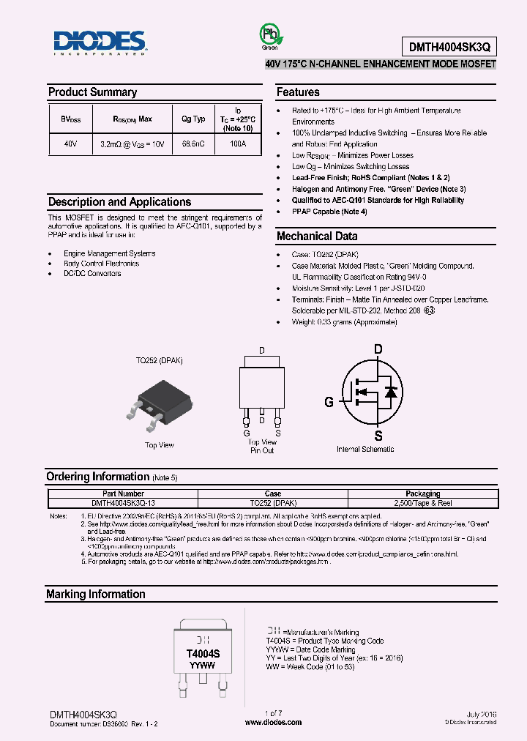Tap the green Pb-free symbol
pyautogui.click(x=269, y=37)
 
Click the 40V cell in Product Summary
pyautogui.click(x=70, y=144)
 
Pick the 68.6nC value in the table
pyautogui.click(x=193, y=144)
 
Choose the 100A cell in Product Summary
pyautogui.click(x=238, y=144)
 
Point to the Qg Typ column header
pyautogui.click(x=193, y=119)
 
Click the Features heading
pyautogui.click(x=298, y=92)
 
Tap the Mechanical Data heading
pyautogui.click(x=317, y=237)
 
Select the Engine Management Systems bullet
pyautogui.click(x=109, y=253)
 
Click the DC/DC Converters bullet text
pyautogui.click(x=92, y=273)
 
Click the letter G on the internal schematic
pyautogui.click(x=329, y=401)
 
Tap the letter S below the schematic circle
pyautogui.click(x=378, y=436)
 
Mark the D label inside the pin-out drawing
pyautogui.click(x=262, y=351)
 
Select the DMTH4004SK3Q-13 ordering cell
pyautogui.click(x=122, y=502)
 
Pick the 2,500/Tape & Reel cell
pyautogui.click(x=422, y=502)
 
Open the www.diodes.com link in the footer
pyautogui.click(x=272, y=722)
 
